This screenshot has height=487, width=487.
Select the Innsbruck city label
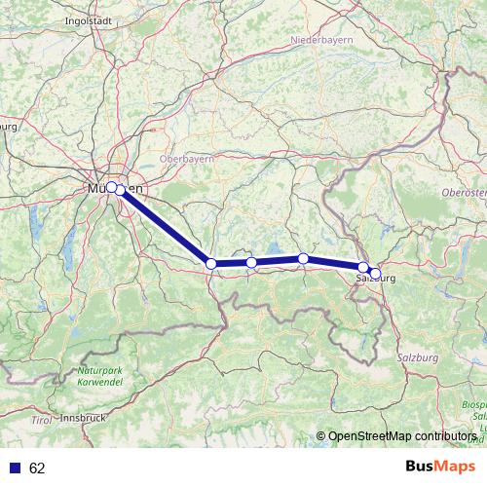[x=83, y=417]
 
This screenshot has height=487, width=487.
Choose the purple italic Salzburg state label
[x=418, y=358]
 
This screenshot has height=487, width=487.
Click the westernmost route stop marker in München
[x=111, y=186]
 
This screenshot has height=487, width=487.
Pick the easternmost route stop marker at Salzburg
[x=376, y=274]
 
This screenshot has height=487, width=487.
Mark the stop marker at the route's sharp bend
[x=211, y=263]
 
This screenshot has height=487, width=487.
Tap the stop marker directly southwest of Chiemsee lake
[x=251, y=262]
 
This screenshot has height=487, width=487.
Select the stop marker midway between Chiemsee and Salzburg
[x=304, y=258]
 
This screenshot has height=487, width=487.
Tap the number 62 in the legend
[x=37, y=468]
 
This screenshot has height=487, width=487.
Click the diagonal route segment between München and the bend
[x=164, y=225]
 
